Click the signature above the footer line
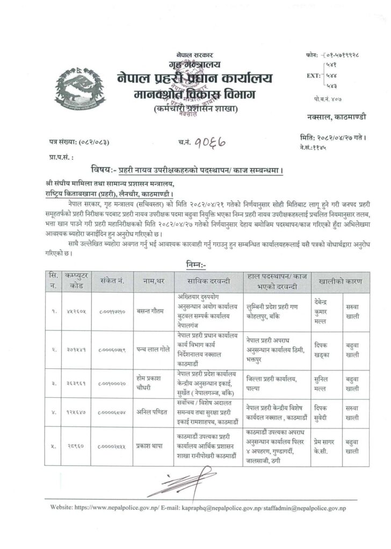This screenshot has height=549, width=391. click(175, 487)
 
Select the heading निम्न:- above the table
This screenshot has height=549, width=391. click(198, 264)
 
